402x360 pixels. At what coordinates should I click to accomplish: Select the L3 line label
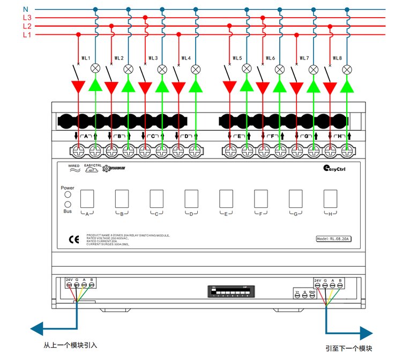point(27,18)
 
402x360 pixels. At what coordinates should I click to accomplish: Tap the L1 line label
point(27,35)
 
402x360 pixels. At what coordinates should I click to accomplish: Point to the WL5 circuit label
point(237,58)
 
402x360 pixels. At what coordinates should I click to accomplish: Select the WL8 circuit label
point(337,58)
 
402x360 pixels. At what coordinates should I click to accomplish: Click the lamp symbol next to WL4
point(196,69)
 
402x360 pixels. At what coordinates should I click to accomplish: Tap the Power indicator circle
point(68,196)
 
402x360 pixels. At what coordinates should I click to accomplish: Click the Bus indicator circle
point(68,205)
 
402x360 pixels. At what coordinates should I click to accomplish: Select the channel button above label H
point(330,199)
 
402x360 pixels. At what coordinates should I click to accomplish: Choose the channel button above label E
point(226,199)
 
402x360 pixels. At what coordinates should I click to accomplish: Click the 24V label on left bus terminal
point(69,280)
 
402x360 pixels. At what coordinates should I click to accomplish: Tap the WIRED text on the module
point(74,166)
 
